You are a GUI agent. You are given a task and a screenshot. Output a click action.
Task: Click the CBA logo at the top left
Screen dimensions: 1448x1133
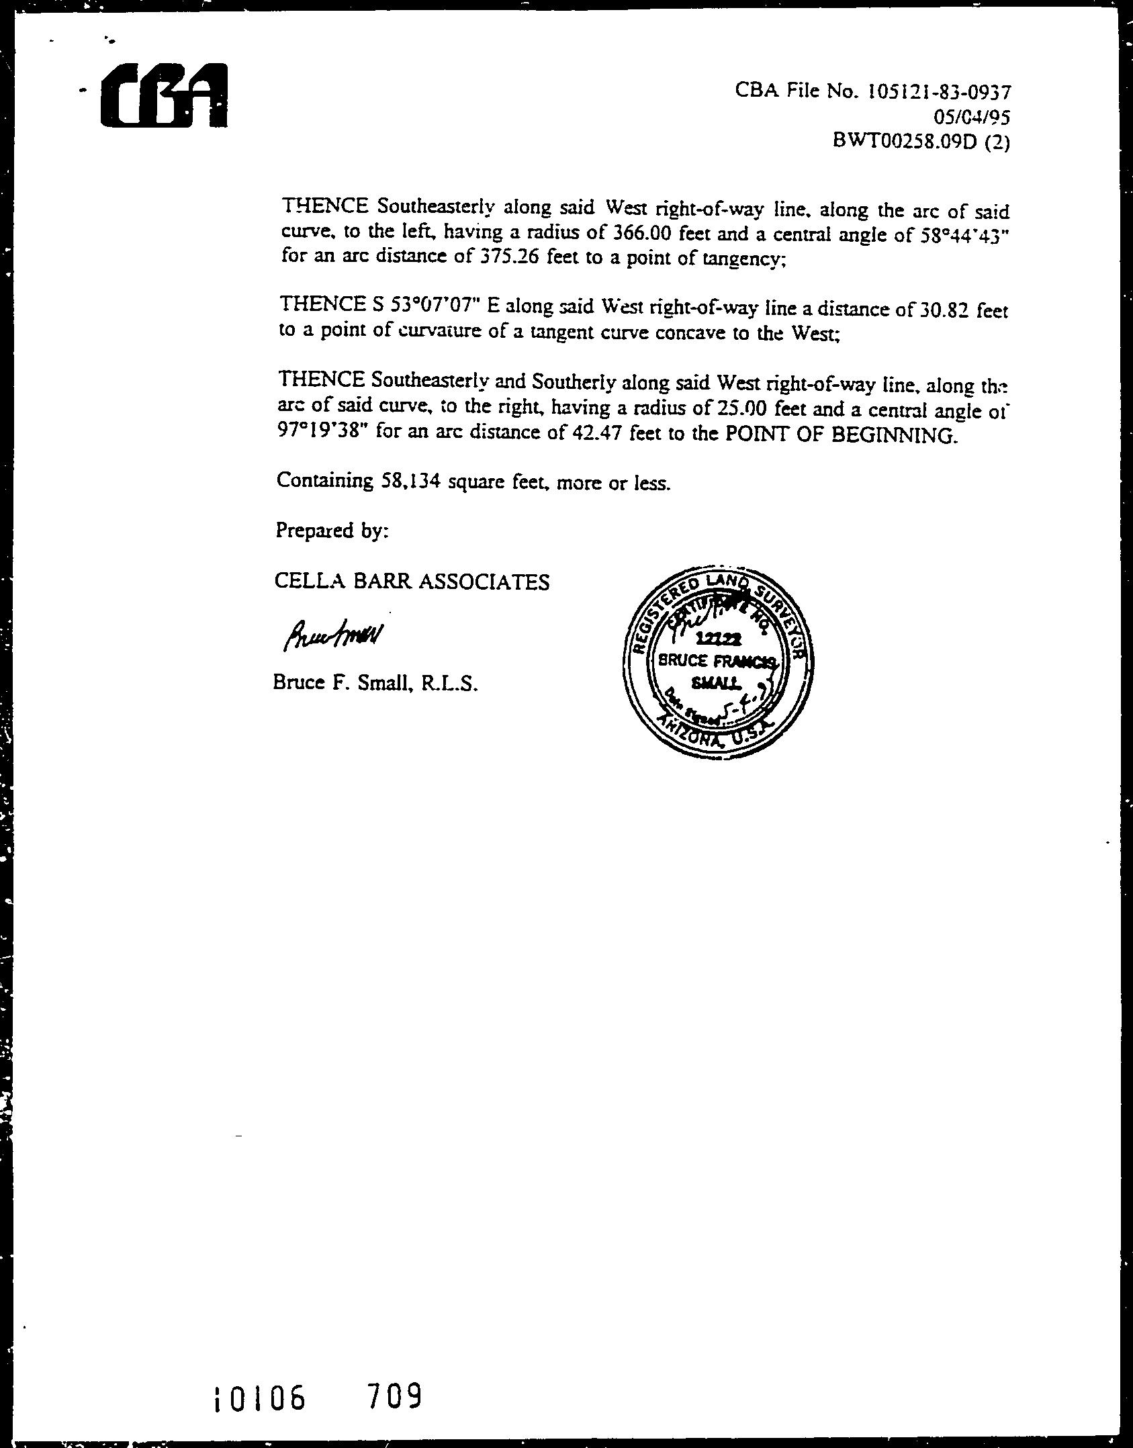coord(164,95)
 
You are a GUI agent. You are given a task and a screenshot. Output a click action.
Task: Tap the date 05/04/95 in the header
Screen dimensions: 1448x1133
coord(971,118)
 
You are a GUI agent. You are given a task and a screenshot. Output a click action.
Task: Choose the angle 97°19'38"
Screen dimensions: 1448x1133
coord(323,431)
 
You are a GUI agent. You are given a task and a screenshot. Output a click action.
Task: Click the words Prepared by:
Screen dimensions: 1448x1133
coord(332,531)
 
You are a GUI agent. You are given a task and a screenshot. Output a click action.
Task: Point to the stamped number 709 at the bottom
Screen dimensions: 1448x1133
coord(395,1398)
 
